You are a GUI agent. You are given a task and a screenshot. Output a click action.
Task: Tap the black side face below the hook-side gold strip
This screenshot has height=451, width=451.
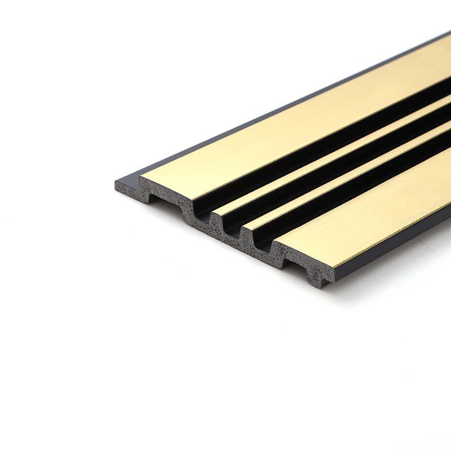tap(395, 248)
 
